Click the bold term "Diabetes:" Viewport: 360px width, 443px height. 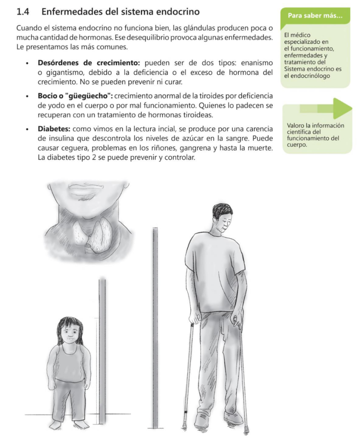click(x=54, y=129)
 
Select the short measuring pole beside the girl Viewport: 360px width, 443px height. click(x=102, y=350)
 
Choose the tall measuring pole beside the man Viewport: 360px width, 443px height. click(x=155, y=329)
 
